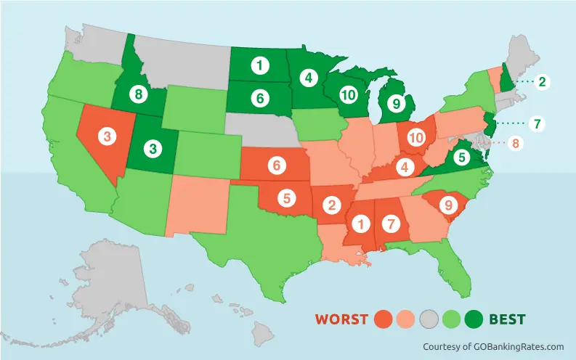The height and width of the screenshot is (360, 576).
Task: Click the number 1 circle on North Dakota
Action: click(258, 66)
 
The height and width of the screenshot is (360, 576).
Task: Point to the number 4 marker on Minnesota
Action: click(308, 76)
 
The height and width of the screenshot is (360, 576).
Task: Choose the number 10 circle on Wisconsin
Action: click(348, 94)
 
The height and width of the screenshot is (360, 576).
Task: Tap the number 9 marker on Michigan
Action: click(395, 102)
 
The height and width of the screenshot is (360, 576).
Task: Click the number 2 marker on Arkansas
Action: click(333, 205)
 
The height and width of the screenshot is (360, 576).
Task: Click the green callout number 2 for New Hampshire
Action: click(540, 82)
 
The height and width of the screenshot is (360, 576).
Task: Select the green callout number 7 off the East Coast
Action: click(536, 123)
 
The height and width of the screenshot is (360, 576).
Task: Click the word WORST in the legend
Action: click(342, 319)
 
